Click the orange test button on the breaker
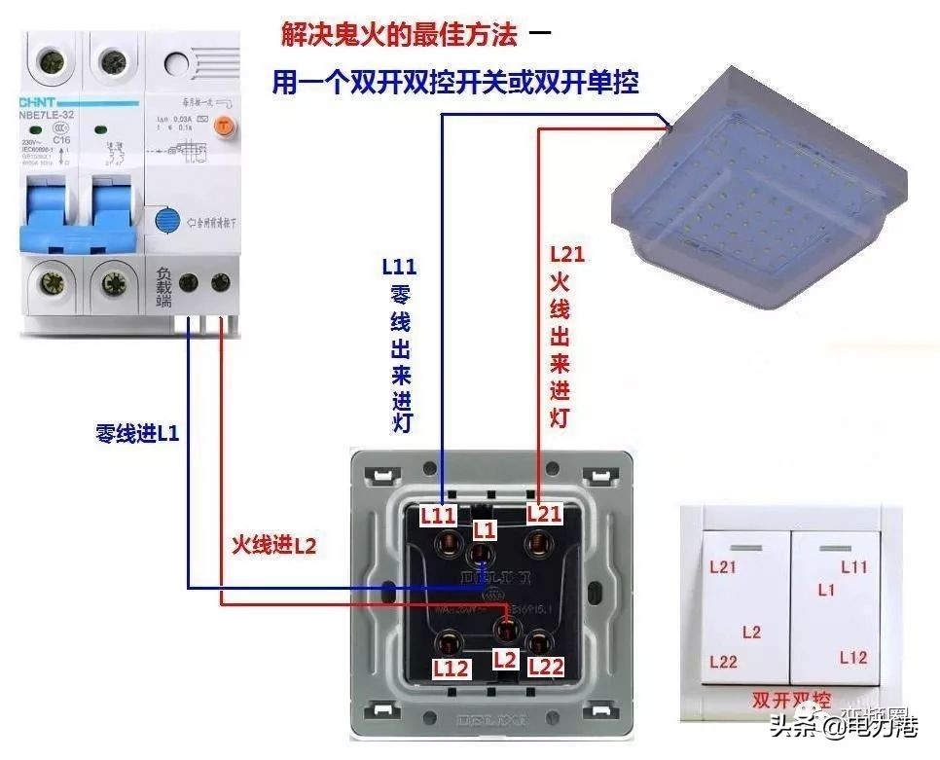pyautogui.click(x=224, y=125)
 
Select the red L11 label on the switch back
pyautogui.click(x=438, y=515)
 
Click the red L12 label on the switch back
pyautogui.click(x=452, y=669)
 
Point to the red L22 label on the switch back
pyautogui.click(x=546, y=667)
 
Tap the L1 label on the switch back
pyautogui.click(x=485, y=529)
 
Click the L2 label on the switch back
pyautogui.click(x=503, y=659)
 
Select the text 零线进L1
pyautogui.click(x=137, y=434)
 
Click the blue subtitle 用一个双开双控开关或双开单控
pyautogui.click(x=454, y=83)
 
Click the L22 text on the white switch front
pyautogui.click(x=723, y=662)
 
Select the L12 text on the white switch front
pyautogui.click(x=852, y=658)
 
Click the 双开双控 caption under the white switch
pyautogui.click(x=791, y=700)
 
